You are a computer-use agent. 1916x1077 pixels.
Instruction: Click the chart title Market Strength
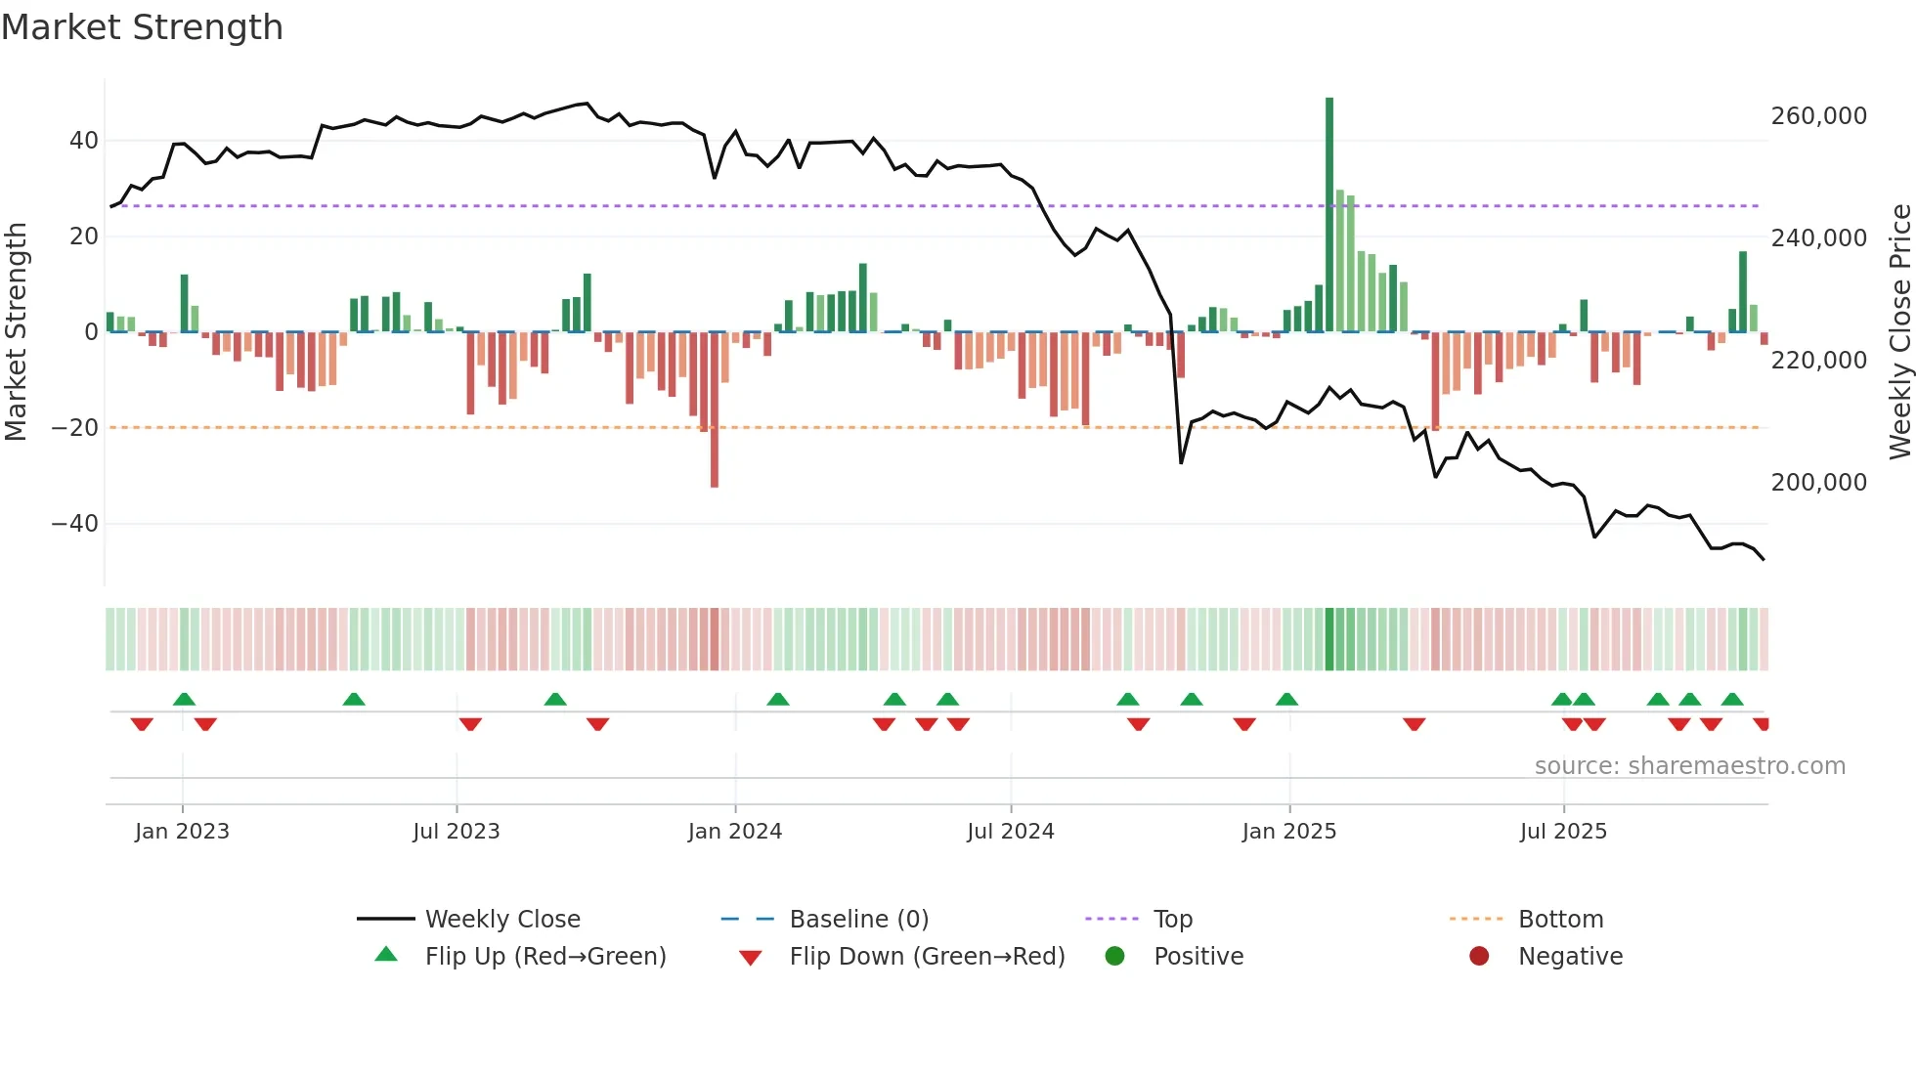tap(142, 27)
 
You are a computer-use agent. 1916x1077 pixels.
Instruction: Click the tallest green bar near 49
tap(1329, 215)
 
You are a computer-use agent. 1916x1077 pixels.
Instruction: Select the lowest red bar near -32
tap(715, 410)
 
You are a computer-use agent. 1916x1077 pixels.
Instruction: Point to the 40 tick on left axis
tap(84, 141)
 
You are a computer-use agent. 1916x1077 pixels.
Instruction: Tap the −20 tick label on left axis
tap(75, 428)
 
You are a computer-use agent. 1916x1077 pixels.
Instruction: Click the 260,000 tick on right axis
tap(1818, 116)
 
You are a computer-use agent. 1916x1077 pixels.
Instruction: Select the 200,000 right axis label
tap(1818, 483)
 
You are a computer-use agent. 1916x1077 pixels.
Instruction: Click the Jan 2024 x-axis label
tap(735, 832)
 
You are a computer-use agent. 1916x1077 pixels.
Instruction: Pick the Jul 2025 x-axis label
tap(1563, 832)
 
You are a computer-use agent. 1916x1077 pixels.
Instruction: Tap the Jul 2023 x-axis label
tap(457, 832)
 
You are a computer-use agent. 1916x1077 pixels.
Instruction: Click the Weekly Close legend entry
tap(502, 920)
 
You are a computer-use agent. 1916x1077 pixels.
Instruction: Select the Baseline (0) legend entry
tap(858, 920)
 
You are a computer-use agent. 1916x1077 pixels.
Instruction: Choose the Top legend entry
tap(1172, 920)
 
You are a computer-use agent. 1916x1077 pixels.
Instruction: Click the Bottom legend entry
tap(1560, 920)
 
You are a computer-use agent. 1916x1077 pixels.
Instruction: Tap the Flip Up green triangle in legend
tap(386, 955)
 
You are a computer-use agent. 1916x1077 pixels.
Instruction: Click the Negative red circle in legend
tap(1479, 956)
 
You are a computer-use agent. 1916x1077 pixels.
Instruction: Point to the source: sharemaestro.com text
tap(1689, 766)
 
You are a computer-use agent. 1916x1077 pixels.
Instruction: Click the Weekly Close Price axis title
tap(1899, 332)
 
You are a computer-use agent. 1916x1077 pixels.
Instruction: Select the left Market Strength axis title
tap(16, 332)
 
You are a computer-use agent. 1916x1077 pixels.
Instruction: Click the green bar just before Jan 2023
tap(184, 303)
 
